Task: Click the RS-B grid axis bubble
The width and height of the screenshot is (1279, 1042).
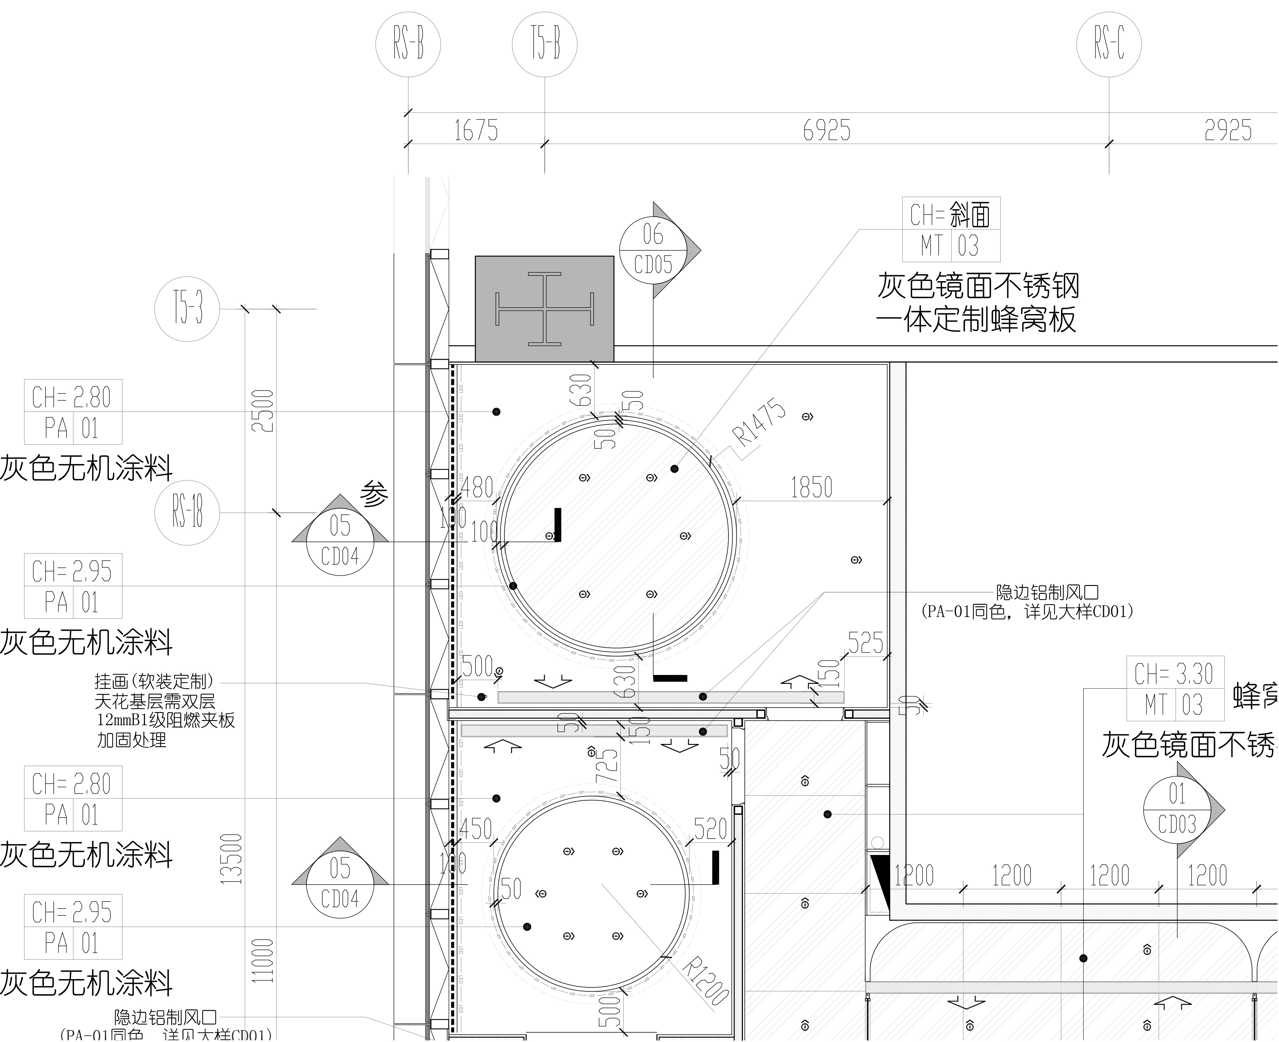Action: point(408,44)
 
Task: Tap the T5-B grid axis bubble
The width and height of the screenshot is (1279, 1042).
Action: point(544,44)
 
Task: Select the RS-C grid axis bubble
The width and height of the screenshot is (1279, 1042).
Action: point(1109,44)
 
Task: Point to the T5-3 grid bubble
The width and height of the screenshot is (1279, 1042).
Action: point(187,309)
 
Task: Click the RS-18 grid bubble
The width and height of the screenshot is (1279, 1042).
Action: point(187,513)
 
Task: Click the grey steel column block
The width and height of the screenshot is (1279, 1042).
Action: point(544,309)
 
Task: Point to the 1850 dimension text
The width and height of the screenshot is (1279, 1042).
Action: point(811,487)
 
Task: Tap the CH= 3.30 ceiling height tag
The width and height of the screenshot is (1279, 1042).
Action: point(1175,688)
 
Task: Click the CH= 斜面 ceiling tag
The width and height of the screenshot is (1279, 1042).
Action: point(951,229)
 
